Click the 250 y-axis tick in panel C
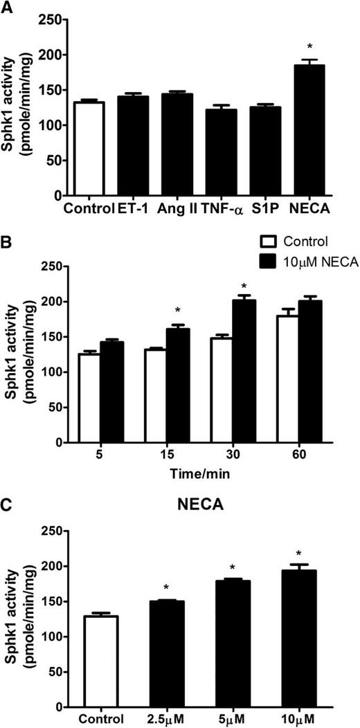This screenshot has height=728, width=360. [50, 531]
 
